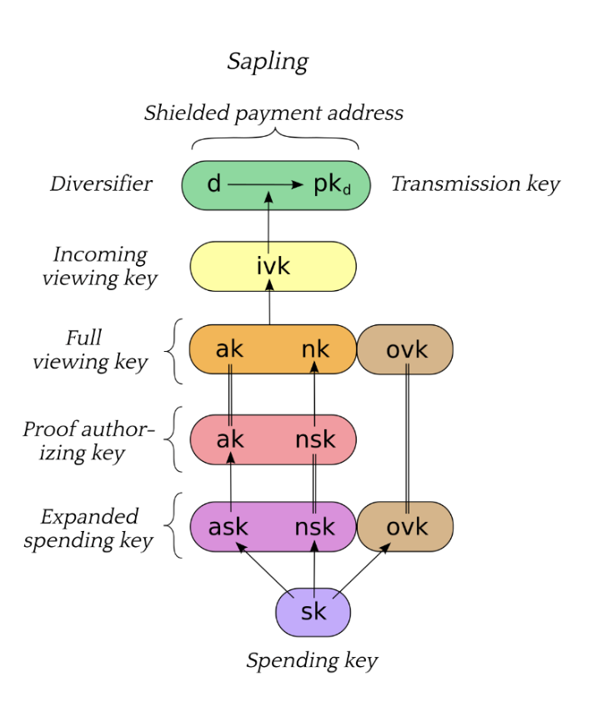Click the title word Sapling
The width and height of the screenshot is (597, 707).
[268, 62]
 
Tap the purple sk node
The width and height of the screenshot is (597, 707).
[313, 612]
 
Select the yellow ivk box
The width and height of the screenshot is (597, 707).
[273, 266]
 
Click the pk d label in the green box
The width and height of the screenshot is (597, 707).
[333, 185]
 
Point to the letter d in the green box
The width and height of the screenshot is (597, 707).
[213, 183]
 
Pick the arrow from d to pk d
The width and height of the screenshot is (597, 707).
[265, 184]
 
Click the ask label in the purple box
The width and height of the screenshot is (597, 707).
[228, 527]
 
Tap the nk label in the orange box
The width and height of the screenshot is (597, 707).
[315, 349]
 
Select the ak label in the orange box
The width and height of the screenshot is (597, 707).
[229, 349]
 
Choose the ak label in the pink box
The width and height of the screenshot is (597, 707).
[230, 439]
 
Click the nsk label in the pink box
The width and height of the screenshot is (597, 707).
[315, 439]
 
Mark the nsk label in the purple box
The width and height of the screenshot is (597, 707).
[314, 527]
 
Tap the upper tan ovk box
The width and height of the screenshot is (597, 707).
[405, 349]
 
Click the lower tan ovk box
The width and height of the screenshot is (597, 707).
[405, 526]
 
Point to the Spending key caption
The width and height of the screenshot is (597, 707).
[312, 661]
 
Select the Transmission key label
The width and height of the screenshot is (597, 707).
[475, 184]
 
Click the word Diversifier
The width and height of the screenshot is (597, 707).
[101, 183]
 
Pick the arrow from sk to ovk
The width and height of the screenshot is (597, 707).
[362, 570]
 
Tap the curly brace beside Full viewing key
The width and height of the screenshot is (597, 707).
[174, 351]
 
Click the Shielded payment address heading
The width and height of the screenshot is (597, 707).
[273, 113]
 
